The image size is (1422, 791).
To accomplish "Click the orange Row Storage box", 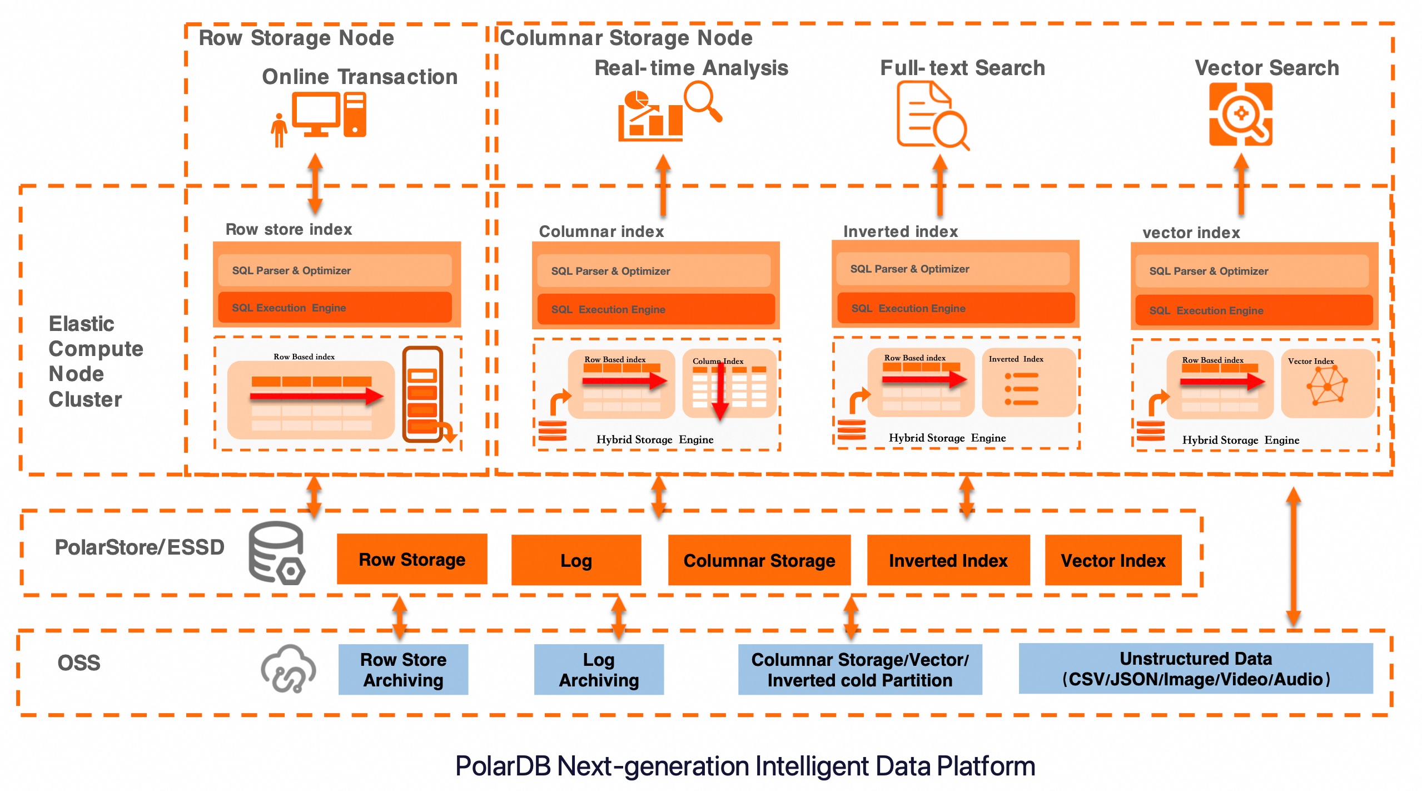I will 412,559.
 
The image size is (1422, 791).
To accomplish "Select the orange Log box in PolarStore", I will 576,560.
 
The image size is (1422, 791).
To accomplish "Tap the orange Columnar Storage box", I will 759,560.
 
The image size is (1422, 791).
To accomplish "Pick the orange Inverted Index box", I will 948,560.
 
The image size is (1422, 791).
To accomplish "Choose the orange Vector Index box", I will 1113,560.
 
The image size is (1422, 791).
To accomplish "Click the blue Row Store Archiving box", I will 403,669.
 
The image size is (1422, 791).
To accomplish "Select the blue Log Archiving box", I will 599,669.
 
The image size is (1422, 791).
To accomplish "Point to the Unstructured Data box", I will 1195,669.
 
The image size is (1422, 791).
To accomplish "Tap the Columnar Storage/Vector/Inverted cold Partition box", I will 859,669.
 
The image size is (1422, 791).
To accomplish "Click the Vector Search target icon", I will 1241,115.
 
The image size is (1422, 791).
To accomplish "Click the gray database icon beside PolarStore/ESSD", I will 276,552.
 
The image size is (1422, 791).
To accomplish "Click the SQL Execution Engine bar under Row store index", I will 335,308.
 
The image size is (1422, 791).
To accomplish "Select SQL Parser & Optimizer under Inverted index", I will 953,269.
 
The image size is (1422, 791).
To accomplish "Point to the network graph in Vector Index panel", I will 1327,385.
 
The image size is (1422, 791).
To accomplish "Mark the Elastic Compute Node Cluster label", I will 95,362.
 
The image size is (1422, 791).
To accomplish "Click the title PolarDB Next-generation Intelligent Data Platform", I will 745,766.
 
